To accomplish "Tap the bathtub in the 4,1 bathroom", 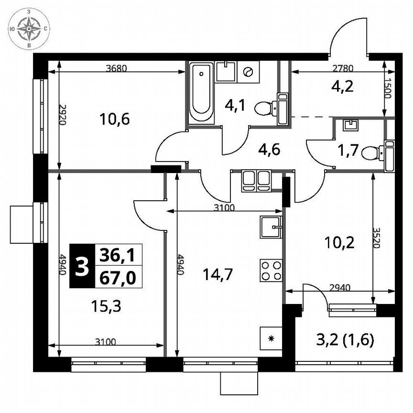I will (201, 93).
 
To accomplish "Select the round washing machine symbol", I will (248, 72).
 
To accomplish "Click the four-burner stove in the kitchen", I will (271, 269).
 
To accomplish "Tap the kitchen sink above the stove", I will (271, 227).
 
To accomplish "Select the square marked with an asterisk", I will (271, 339).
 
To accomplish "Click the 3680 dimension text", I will (116, 68).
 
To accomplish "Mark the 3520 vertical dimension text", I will (379, 237).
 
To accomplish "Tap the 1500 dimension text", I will (388, 88).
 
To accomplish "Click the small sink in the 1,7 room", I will (351, 125).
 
